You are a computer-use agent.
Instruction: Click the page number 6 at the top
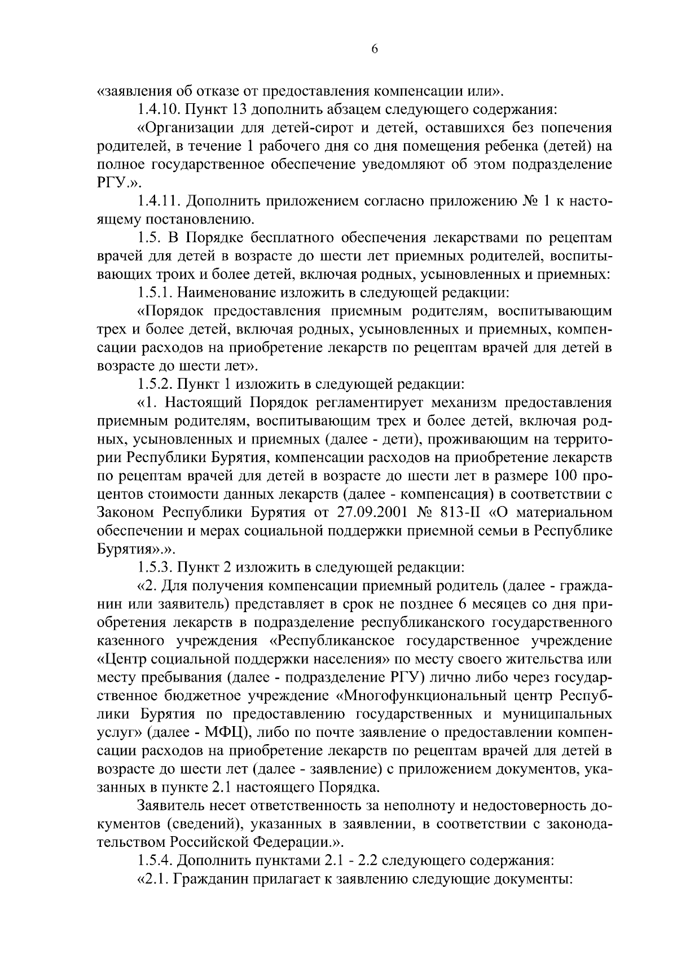click(375, 50)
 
